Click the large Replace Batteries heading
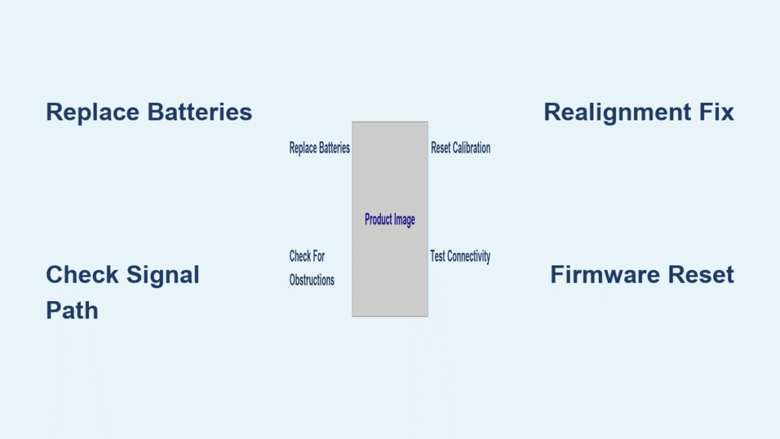tap(149, 112)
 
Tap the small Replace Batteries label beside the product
tap(319, 148)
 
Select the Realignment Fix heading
tap(638, 112)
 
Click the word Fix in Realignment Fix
tap(717, 112)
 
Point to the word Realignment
tap(618, 113)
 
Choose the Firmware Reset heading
tap(641, 274)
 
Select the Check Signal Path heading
tap(123, 292)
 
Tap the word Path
tap(72, 310)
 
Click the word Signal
tap(164, 274)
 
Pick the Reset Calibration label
tap(460, 148)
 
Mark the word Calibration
tap(472, 148)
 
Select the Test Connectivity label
tap(460, 256)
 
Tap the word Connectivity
tap(469, 256)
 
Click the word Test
tap(438, 256)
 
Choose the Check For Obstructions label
tap(311, 268)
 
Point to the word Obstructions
tap(312, 280)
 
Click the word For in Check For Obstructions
tap(317, 256)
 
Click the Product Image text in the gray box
tap(389, 219)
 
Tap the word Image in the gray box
tap(404, 219)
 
